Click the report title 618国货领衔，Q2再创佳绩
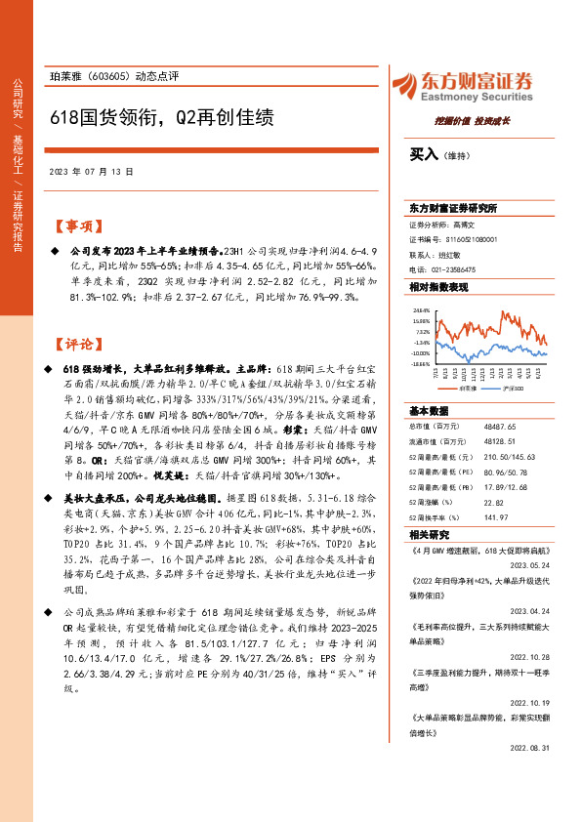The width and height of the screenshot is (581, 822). click(162, 117)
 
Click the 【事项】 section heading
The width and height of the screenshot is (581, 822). click(77, 226)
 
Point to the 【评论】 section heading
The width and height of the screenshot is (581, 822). click(77, 344)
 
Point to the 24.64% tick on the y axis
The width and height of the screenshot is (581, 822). click(421, 310)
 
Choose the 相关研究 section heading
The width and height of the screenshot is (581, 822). click(428, 535)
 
